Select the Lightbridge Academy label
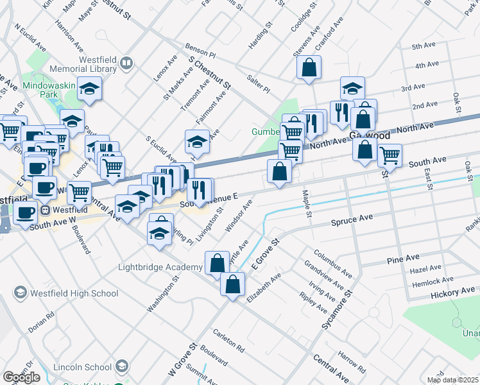click(x=160, y=267)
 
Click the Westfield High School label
click(x=74, y=293)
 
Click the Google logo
click(x=21, y=377)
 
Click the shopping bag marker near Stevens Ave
click(x=309, y=67)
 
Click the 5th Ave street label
click(x=424, y=47)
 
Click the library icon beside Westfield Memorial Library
click(x=126, y=63)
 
